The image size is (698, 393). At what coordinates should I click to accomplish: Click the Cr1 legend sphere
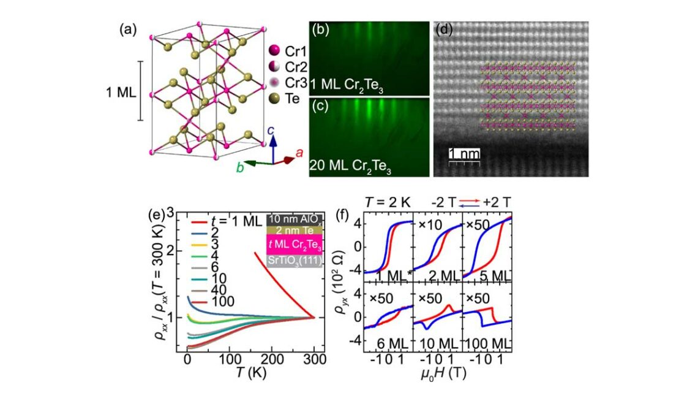pyautogui.click(x=274, y=50)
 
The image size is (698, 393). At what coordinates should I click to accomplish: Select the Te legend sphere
pyautogui.click(x=274, y=98)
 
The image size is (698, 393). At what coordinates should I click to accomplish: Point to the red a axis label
pyautogui.click(x=299, y=154)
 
